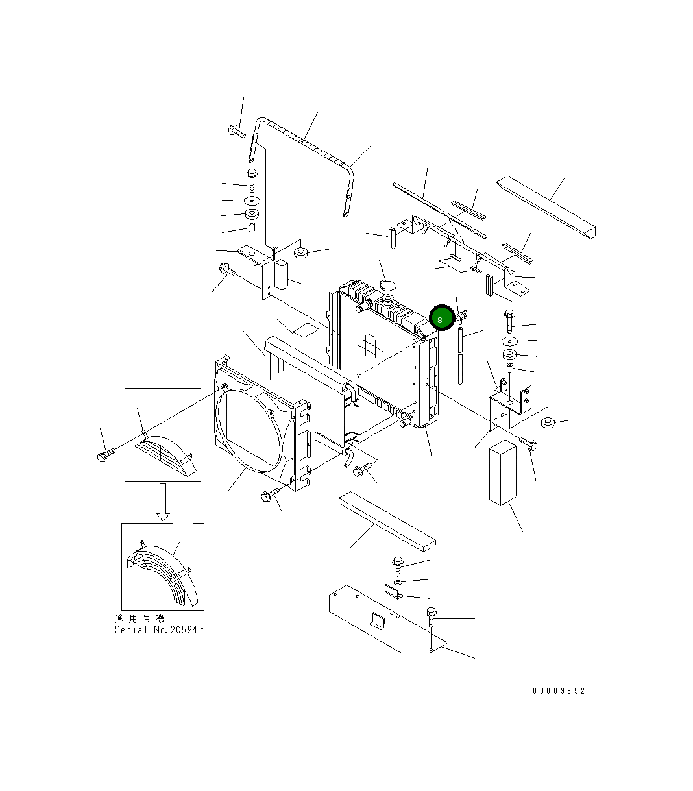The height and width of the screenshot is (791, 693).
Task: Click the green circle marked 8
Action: [x=441, y=319]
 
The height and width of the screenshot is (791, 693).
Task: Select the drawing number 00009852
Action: [x=558, y=691]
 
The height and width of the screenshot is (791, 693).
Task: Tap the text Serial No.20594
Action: [x=161, y=629]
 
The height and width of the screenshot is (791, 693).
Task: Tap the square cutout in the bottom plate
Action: [x=377, y=621]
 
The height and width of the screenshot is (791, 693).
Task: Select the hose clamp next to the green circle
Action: [x=461, y=316]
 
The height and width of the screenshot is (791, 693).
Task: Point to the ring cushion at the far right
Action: [x=548, y=423]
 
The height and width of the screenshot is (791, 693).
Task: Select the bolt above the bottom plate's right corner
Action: [x=431, y=616]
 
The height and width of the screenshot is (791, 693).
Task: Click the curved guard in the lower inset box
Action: [x=162, y=571]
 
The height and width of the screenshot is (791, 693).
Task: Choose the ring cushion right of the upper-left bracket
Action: [x=300, y=252]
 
